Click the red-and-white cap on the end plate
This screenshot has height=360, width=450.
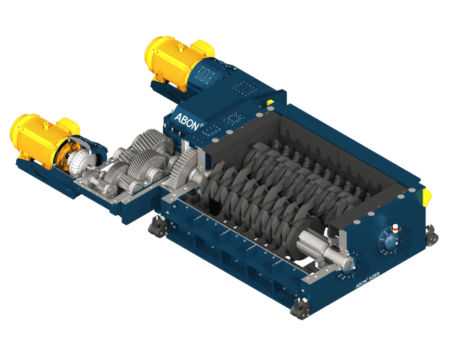[x=395, y=228]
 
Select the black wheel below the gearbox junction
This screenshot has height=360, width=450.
[x=156, y=226]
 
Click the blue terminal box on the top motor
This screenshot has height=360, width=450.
[x=214, y=70]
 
